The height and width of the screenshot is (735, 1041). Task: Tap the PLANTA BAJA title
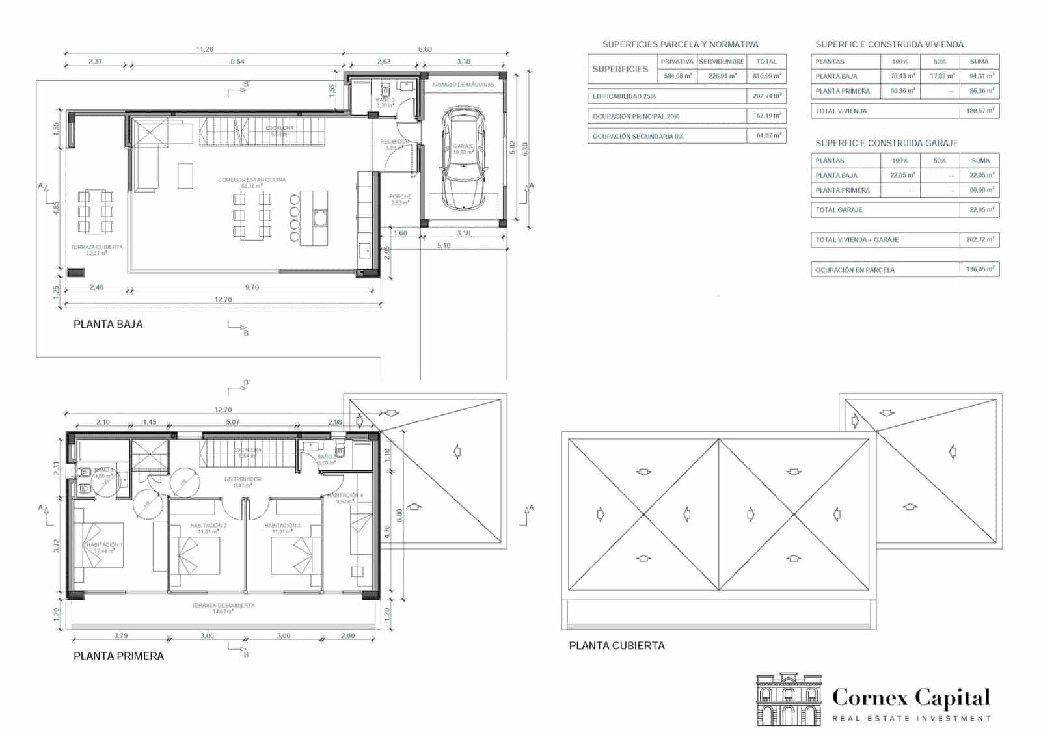pos(108,324)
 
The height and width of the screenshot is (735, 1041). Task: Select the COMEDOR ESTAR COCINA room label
pos(252,180)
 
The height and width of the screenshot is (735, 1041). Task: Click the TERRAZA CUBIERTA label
pos(96,247)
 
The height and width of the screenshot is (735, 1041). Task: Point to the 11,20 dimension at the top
pos(204,49)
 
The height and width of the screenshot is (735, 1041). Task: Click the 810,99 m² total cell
pos(766,76)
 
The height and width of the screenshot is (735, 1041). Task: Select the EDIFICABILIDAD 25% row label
pos(624,96)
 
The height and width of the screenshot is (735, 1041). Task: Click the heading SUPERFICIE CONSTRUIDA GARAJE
pos(886,143)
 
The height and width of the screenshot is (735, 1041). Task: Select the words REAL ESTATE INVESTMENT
pos(911,719)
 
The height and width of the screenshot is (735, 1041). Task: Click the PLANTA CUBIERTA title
pos(617,645)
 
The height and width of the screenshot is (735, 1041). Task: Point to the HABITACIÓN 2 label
pos(208,526)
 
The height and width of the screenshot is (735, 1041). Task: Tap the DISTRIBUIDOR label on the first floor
pos(243,479)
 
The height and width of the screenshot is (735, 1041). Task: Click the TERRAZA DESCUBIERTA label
pos(223,605)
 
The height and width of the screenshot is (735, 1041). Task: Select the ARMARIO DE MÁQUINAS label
pos(463,85)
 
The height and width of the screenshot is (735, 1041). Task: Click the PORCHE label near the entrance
pos(400,196)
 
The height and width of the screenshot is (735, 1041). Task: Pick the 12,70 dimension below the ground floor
pos(223,300)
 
